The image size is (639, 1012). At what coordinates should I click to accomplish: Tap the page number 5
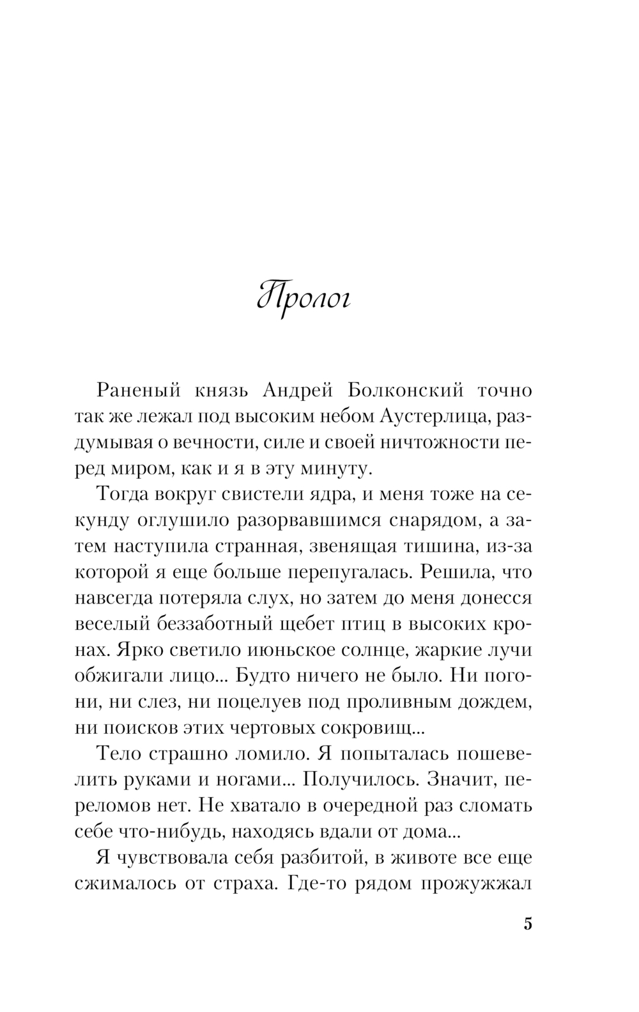pos(528,924)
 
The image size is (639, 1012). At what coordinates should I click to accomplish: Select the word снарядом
pos(431,521)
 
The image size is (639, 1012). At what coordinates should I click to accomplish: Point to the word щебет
pos(309,625)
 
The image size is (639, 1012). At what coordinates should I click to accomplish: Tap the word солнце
pos(375,651)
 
